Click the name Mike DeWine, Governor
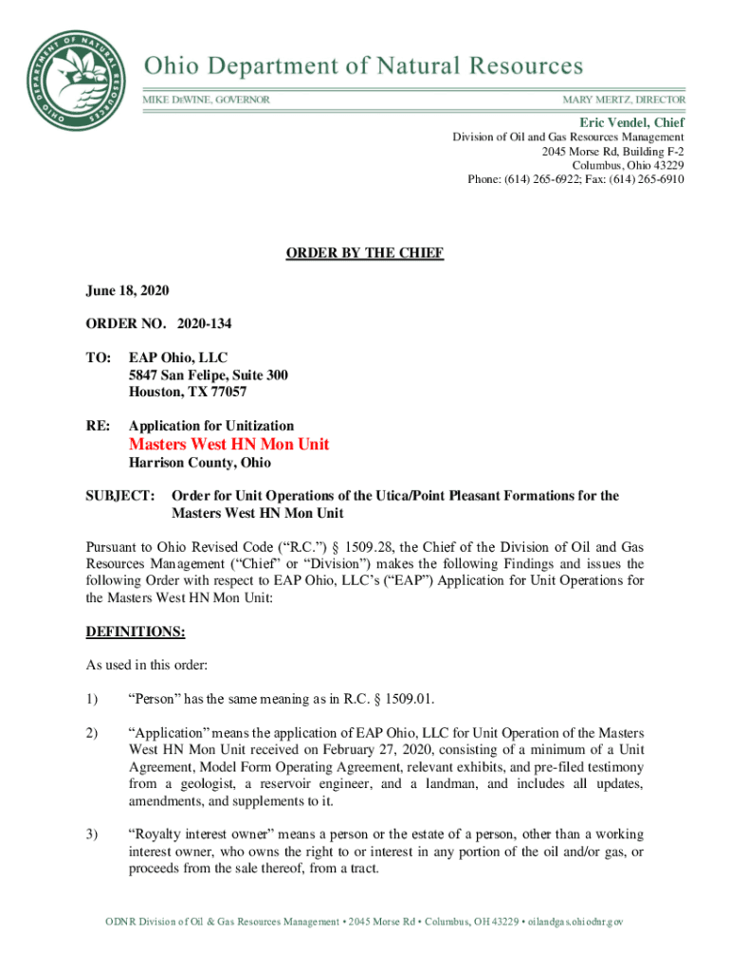coord(206,100)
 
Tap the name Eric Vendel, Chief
coord(632,122)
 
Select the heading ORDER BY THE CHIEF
coord(365,253)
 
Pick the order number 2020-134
coord(204,324)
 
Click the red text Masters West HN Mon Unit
coord(228,444)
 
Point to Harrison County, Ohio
coord(200,463)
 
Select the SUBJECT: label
coord(120,496)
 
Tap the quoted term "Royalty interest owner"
coord(201,834)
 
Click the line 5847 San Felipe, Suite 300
coord(209,375)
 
